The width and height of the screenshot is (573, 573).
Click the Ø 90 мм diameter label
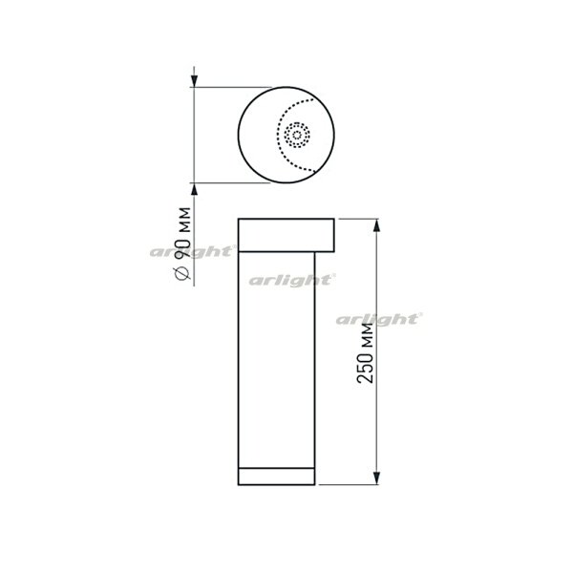[x=183, y=244]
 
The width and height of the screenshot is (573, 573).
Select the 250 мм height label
[x=365, y=353]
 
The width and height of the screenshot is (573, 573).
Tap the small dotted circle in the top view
[x=297, y=136]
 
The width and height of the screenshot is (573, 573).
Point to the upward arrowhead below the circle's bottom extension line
[x=194, y=189]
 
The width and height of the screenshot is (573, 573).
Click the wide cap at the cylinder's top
[x=286, y=235]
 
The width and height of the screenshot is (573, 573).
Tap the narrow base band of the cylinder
[x=276, y=477]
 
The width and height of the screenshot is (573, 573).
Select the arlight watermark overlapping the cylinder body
[x=291, y=281]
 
